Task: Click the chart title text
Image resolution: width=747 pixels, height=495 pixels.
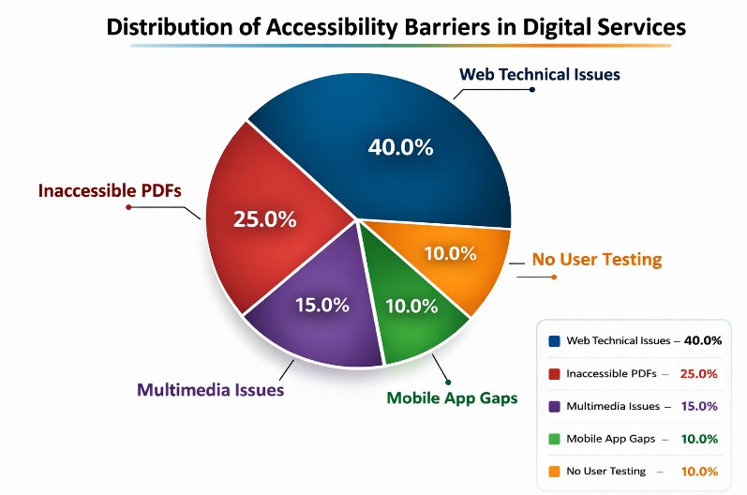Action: (396, 26)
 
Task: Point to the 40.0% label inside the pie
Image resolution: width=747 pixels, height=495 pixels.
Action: (399, 147)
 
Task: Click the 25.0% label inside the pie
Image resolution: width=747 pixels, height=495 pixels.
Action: (264, 220)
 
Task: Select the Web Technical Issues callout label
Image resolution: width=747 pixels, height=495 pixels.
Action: (539, 74)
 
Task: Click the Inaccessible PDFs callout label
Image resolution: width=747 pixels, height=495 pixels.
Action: (110, 191)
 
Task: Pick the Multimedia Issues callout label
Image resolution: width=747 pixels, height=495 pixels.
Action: (211, 389)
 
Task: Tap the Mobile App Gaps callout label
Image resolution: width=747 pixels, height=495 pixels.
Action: (452, 397)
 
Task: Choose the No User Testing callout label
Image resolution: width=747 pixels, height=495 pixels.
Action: (597, 260)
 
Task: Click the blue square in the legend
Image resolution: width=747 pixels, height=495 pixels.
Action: (554, 341)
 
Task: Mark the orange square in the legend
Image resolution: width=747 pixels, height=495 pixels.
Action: (554, 472)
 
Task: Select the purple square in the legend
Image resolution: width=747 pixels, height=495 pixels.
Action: (554, 407)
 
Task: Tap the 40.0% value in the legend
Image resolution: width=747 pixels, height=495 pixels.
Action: (703, 341)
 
